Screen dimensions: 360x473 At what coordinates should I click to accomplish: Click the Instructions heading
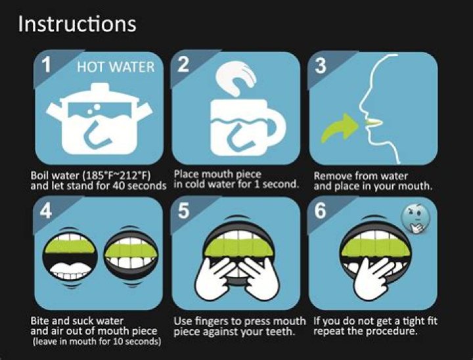pyautogui.click(x=77, y=24)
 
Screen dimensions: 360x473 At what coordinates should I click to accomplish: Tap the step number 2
pyautogui.click(x=184, y=65)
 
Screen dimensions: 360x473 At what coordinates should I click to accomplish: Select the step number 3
pyautogui.click(x=320, y=66)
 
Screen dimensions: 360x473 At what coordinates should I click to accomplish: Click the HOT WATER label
pyautogui.click(x=116, y=67)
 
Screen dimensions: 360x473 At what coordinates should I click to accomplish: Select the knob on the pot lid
pyautogui.click(x=99, y=86)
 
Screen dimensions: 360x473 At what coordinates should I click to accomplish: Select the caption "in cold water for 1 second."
pyautogui.click(x=236, y=185)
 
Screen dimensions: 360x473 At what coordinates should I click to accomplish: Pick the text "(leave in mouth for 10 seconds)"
pyautogui.click(x=96, y=342)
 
